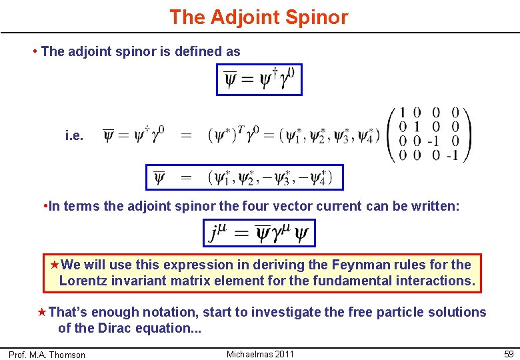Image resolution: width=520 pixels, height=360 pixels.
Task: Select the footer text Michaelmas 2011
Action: (x=260, y=353)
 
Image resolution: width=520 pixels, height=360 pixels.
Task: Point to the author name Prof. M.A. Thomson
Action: (x=47, y=355)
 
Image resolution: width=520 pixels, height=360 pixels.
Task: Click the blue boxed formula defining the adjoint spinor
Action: (x=259, y=79)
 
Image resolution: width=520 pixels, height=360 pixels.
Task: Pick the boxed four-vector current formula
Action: (x=259, y=233)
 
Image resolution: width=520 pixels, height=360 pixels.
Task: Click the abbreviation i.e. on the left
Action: (x=75, y=136)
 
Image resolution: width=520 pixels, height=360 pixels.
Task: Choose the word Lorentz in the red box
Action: (x=82, y=281)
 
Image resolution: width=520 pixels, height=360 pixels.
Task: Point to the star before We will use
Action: (x=55, y=265)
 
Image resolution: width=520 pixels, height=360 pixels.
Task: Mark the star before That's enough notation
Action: (x=43, y=312)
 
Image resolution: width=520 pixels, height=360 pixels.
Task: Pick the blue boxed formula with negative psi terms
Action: (x=245, y=177)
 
